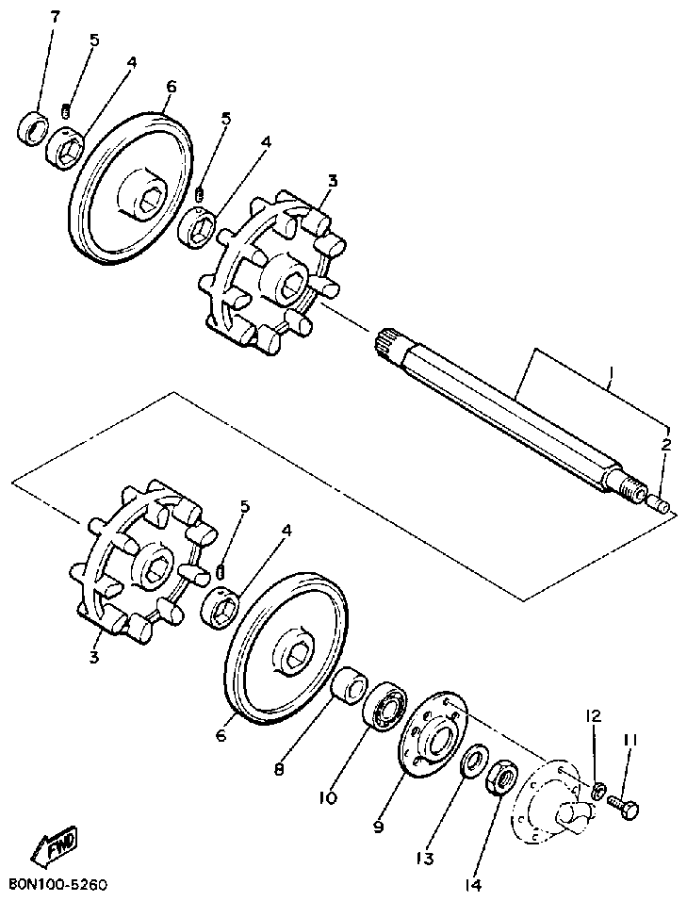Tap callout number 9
click(x=379, y=827)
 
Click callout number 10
click(x=327, y=797)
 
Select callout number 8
click(x=279, y=768)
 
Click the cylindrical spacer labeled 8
click(x=350, y=684)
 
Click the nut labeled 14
click(x=501, y=778)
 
